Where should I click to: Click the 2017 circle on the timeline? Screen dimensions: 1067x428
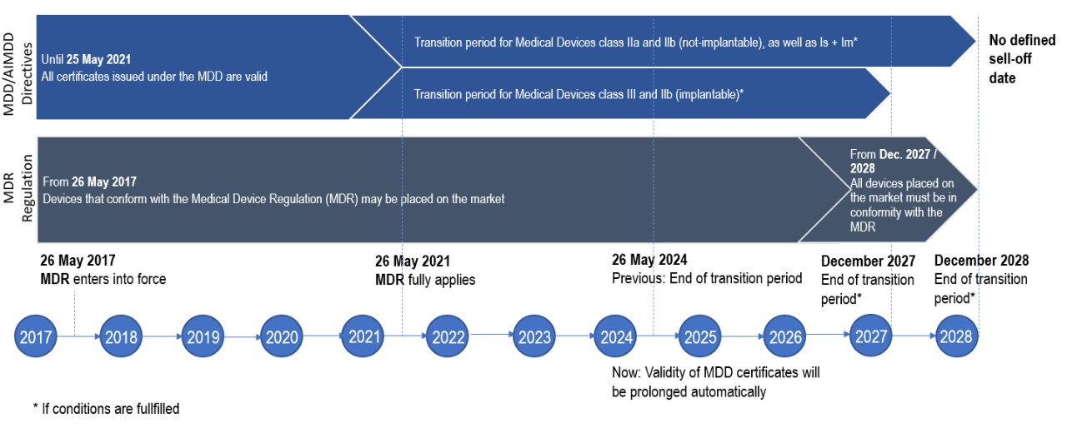tap(36, 336)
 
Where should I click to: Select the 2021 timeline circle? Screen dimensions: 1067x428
tap(363, 336)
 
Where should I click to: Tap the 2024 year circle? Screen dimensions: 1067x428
tap(615, 336)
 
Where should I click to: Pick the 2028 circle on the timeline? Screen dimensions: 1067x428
tap(956, 336)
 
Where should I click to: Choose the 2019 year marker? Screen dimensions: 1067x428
tap(203, 336)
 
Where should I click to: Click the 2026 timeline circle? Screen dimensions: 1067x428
tap(784, 336)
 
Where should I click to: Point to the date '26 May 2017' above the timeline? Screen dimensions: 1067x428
tap(78, 261)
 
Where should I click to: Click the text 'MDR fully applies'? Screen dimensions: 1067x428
tap(425, 280)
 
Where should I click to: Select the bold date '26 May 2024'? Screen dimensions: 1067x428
tap(649, 260)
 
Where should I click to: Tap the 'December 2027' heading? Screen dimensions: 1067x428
tap(868, 261)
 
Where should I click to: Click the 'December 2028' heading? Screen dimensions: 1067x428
tap(981, 261)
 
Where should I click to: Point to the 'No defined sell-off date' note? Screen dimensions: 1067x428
tap(1022, 59)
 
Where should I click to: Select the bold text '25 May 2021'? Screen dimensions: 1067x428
tap(98, 59)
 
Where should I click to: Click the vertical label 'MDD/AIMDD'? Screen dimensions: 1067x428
tap(9, 74)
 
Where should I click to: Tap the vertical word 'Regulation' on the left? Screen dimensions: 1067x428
tap(27, 188)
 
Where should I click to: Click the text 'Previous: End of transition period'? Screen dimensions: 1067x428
tap(707, 278)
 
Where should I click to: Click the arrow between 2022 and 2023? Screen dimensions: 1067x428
tap(491, 335)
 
